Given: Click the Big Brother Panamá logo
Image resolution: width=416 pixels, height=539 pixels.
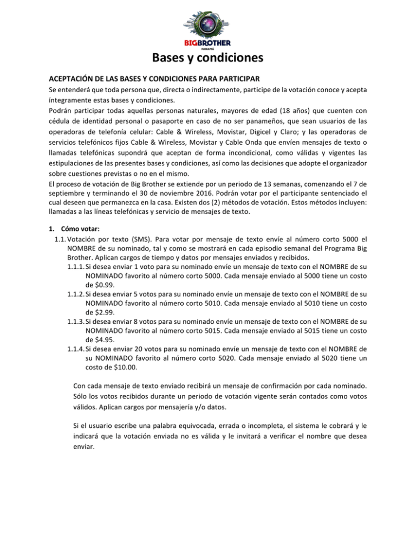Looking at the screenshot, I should coord(207,25).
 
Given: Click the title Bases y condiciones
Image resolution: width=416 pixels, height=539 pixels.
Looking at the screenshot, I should coord(207,57).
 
